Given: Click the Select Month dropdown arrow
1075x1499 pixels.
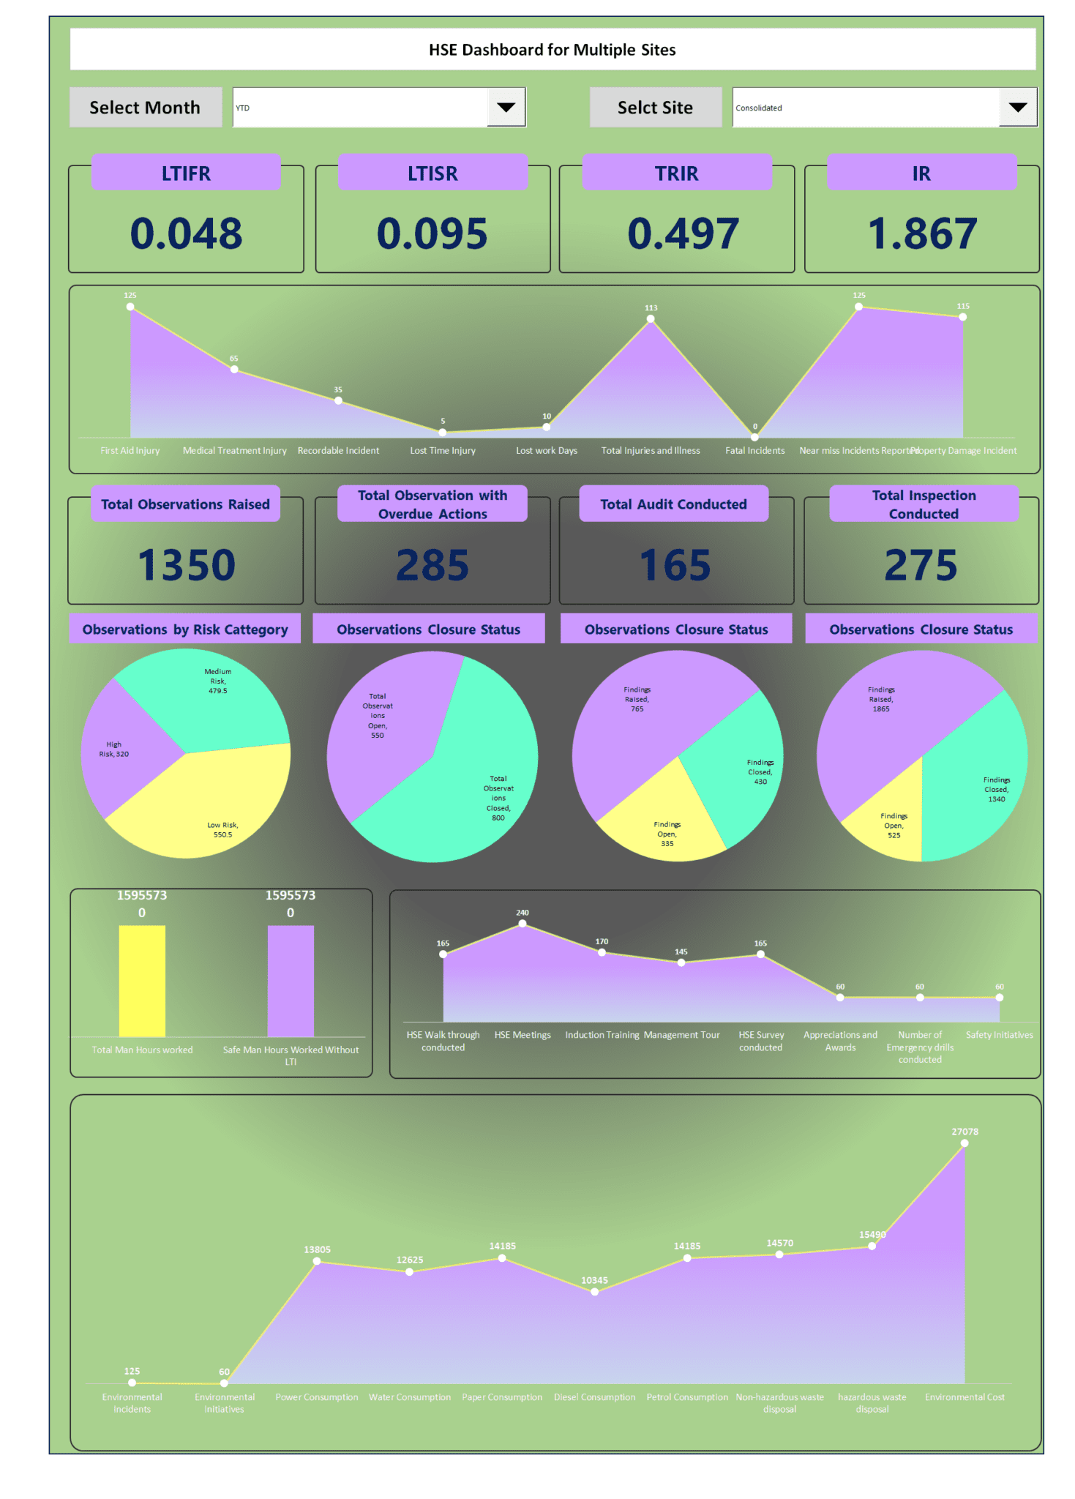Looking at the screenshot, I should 506,108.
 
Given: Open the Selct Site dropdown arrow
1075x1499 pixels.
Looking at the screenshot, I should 1017,108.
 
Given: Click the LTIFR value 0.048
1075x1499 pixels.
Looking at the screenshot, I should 186,233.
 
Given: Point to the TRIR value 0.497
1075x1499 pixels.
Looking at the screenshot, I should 683,233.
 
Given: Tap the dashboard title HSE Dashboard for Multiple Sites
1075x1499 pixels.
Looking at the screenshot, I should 552,50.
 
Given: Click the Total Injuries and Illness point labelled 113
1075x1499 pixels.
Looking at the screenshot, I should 651,318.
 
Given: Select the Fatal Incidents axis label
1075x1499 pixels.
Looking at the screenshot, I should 754,451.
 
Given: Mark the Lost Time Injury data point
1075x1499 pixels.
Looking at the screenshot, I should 442,433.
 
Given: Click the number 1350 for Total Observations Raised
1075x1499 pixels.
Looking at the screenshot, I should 187,565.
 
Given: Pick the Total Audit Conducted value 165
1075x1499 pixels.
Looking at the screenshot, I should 675,565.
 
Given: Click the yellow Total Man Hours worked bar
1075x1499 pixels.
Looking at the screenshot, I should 142,981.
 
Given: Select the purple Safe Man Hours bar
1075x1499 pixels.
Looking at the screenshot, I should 291,981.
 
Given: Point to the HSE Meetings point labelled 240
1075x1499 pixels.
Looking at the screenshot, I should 522,924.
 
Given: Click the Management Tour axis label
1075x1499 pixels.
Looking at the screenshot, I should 681,1035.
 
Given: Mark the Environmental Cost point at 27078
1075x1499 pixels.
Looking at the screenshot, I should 964,1143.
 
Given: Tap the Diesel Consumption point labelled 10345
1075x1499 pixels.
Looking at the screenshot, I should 594,1292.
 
